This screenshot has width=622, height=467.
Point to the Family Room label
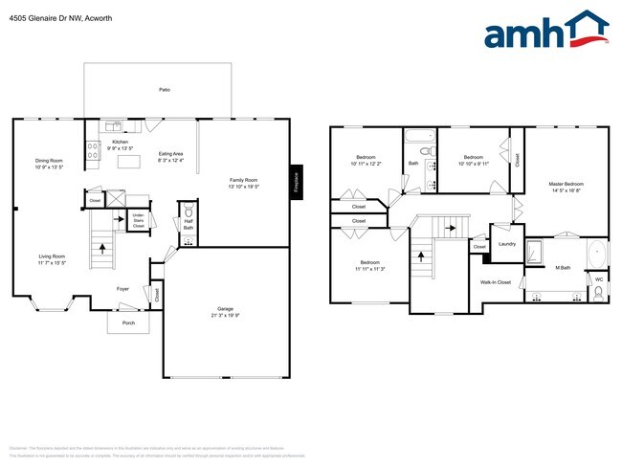[x=243, y=183]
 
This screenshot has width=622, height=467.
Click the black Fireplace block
[x=297, y=183]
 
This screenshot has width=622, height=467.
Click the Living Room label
[x=52, y=258]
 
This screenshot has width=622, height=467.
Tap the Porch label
[x=128, y=323]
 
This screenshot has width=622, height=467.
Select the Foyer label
[x=123, y=287]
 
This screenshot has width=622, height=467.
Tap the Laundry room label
[x=507, y=243]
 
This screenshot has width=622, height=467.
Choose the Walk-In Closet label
[x=496, y=282]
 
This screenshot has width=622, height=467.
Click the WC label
[x=599, y=279]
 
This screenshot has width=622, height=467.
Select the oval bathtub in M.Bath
[x=596, y=255]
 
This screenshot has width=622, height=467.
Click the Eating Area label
[x=171, y=156]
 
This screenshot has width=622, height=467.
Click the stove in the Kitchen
[x=94, y=148]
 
